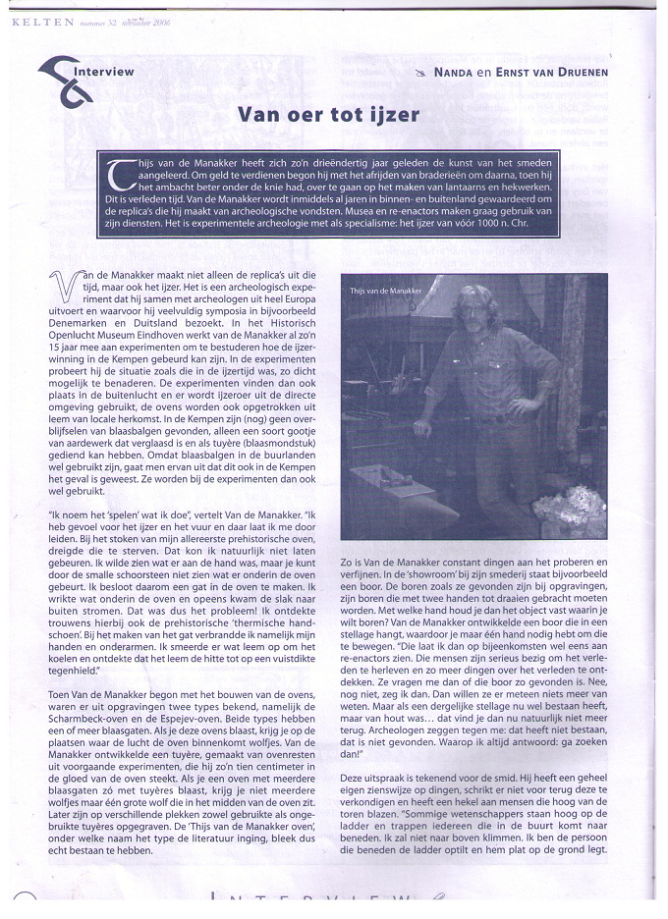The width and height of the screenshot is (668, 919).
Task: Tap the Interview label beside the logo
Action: point(102,71)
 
